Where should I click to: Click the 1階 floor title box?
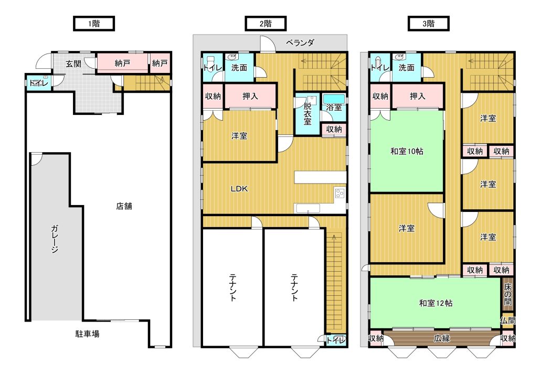pos(93,24)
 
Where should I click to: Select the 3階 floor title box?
pos(429,24)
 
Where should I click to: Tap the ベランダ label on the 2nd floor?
pos(300,43)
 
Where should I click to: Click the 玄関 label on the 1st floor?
pos(73,63)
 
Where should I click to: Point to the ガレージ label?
pos(55,239)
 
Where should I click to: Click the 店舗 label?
pos(124,206)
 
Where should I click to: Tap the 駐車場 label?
pos(88,334)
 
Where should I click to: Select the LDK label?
pos(239,189)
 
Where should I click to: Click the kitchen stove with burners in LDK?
pos(340,193)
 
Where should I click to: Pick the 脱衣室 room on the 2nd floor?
pos(307,114)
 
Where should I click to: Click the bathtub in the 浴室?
pos(334,98)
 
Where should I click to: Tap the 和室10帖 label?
pos(407,151)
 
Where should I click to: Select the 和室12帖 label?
pos(436,303)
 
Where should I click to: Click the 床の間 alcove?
pos(507,294)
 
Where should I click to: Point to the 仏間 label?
pos(508,320)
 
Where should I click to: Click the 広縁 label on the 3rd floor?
pos(442,338)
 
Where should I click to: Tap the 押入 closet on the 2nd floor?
pos(250,96)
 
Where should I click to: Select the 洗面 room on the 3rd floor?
pos(407,68)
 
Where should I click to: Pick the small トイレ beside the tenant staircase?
pos(335,340)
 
